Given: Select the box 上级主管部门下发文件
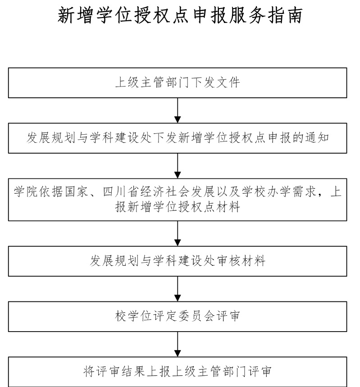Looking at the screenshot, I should pyautogui.click(x=178, y=83).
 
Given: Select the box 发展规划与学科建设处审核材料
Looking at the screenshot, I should pyautogui.click(x=178, y=261).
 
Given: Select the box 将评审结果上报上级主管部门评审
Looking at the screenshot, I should pyautogui.click(x=178, y=372).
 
